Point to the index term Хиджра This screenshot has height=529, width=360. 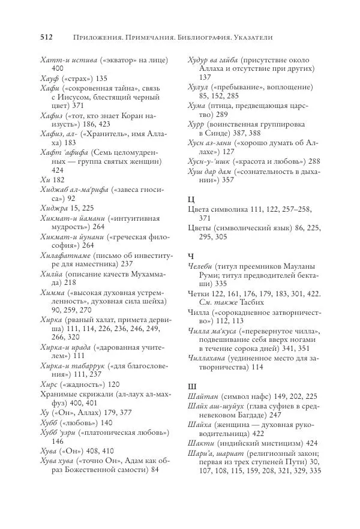pyautogui.click(x=55, y=190)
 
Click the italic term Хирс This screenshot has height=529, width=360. pyautogui.click(x=50, y=348)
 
